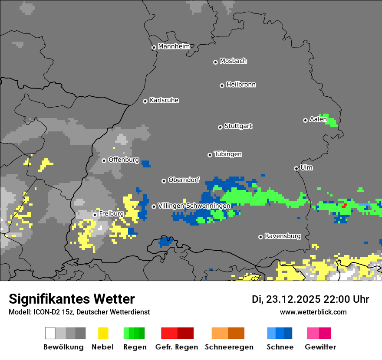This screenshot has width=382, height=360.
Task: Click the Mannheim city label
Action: (174, 46)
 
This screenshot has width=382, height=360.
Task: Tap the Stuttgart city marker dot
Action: (220, 127)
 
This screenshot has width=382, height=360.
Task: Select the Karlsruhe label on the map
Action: (164, 100)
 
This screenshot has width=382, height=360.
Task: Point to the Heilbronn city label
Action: (241, 85)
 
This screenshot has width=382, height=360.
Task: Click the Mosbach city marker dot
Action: (215, 62)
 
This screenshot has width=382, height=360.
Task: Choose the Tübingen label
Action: (228, 154)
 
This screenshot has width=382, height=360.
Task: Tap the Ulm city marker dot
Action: (296, 168)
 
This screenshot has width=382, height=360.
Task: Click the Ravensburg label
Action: (283, 236)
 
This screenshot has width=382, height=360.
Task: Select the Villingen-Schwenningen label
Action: (194, 205)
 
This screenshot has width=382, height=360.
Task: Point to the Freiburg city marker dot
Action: (95, 215)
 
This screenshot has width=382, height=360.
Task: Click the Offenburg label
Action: (124, 160)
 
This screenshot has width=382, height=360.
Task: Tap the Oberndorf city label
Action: (184, 180)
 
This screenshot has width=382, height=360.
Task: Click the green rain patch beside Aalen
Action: (331, 120)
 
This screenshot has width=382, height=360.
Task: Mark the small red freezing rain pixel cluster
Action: (345, 204)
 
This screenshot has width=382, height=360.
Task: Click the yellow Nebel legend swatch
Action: (103, 333)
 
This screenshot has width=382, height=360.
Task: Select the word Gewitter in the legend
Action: (320, 347)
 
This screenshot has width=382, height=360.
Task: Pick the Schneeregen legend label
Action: (229, 347)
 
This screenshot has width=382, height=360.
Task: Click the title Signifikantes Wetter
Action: (72, 299)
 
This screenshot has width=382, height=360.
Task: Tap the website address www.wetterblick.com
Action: (313, 312)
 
